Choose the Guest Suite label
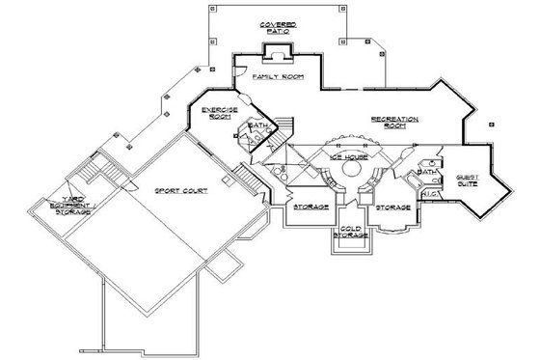(x=467, y=179)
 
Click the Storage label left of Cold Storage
(x=312, y=207)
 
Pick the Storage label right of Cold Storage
(x=394, y=207)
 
